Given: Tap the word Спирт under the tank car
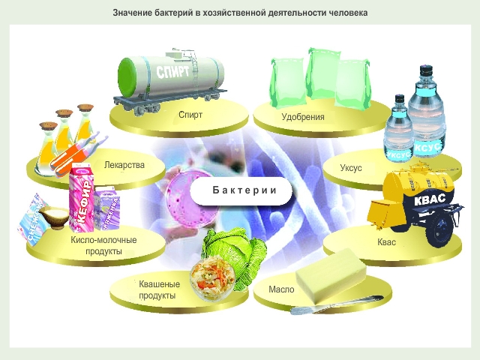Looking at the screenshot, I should (191, 115).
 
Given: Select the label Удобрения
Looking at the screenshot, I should (302, 117).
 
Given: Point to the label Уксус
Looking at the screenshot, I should (351, 168).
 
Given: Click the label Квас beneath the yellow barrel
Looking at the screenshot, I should (387, 243).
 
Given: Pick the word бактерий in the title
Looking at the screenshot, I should (175, 13).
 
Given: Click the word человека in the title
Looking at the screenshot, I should (348, 13).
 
